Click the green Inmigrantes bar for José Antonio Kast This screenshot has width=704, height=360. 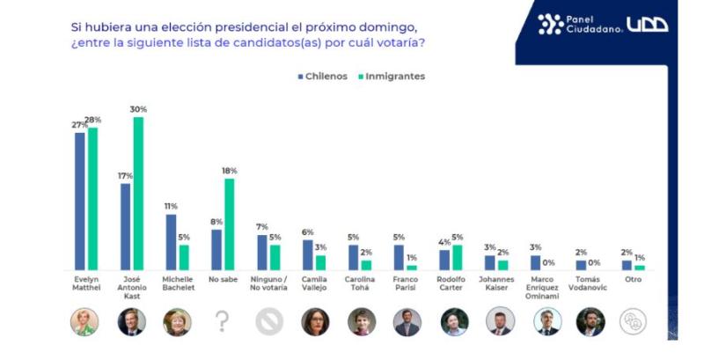138,194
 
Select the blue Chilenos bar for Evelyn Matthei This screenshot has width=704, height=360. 80,201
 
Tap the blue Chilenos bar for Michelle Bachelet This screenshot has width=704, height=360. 171,242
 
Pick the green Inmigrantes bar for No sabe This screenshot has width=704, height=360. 230,224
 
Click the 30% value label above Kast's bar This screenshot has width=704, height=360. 138,109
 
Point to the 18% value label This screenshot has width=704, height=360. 230,171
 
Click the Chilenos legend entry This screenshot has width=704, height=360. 323,77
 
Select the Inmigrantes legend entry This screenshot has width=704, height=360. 392,77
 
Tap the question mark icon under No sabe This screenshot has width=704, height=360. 222,322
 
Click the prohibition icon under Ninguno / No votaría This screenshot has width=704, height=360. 268,322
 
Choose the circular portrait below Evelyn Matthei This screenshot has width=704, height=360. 85,322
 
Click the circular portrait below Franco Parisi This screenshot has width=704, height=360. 407,322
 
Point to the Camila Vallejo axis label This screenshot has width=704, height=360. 314,283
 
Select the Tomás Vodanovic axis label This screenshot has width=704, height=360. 590,283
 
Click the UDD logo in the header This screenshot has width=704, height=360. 647,25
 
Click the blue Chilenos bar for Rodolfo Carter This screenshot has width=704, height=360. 445,260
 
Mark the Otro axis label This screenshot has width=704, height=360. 633,279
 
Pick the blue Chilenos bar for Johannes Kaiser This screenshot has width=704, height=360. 490,262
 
